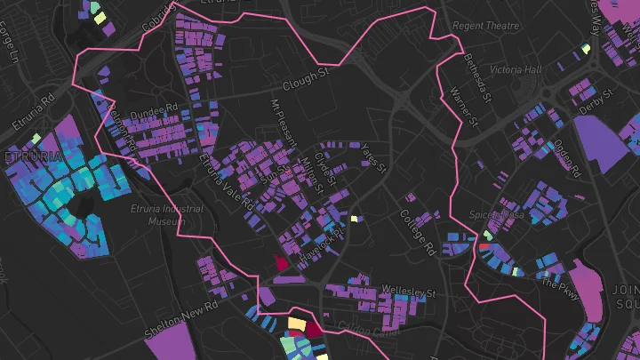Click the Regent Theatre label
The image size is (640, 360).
pos(485,26)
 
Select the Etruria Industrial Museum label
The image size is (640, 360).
pos(166,214)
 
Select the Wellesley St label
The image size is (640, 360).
pos(408,291)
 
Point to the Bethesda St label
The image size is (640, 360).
pos(476,76)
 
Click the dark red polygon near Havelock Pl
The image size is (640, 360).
pos(282,263)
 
